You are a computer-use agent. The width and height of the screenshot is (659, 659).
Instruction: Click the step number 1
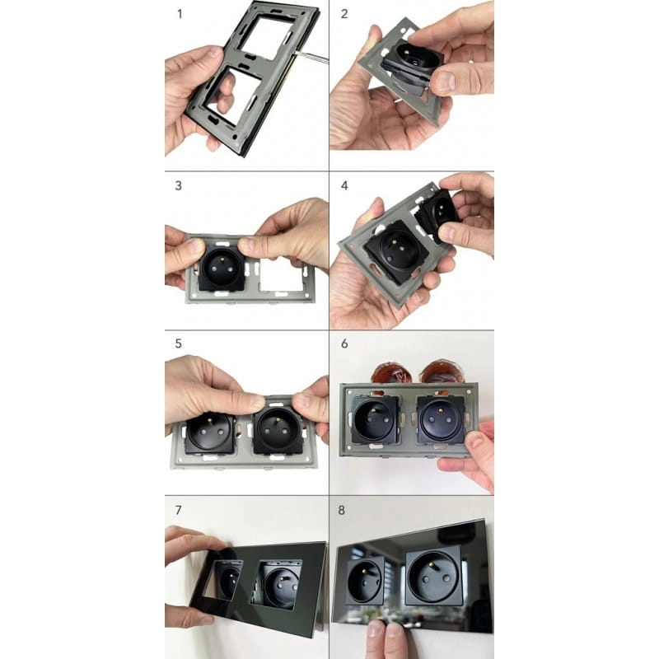(180, 14)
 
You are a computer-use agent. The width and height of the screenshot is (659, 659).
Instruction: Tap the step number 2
(344, 14)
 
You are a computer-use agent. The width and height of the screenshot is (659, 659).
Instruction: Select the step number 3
(179, 186)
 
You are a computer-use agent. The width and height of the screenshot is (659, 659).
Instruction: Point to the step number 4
(344, 186)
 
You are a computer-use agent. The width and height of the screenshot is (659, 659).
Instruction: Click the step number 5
(179, 344)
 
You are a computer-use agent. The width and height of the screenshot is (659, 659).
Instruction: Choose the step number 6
(344, 344)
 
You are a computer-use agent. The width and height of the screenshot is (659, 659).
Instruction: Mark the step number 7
(179, 510)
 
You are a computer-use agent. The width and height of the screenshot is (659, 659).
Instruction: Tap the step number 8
(342, 510)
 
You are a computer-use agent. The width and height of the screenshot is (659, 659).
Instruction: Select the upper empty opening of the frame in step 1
(264, 39)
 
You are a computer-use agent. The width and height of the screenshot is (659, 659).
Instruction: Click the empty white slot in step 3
(282, 274)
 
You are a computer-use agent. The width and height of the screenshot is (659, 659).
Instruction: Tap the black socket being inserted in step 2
(412, 63)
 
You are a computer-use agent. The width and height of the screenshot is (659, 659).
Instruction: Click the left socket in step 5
(209, 432)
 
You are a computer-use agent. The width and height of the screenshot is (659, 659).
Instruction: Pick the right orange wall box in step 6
(442, 374)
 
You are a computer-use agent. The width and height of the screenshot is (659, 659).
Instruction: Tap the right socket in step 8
(434, 578)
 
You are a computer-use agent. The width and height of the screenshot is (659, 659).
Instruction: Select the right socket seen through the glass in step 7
(279, 583)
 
